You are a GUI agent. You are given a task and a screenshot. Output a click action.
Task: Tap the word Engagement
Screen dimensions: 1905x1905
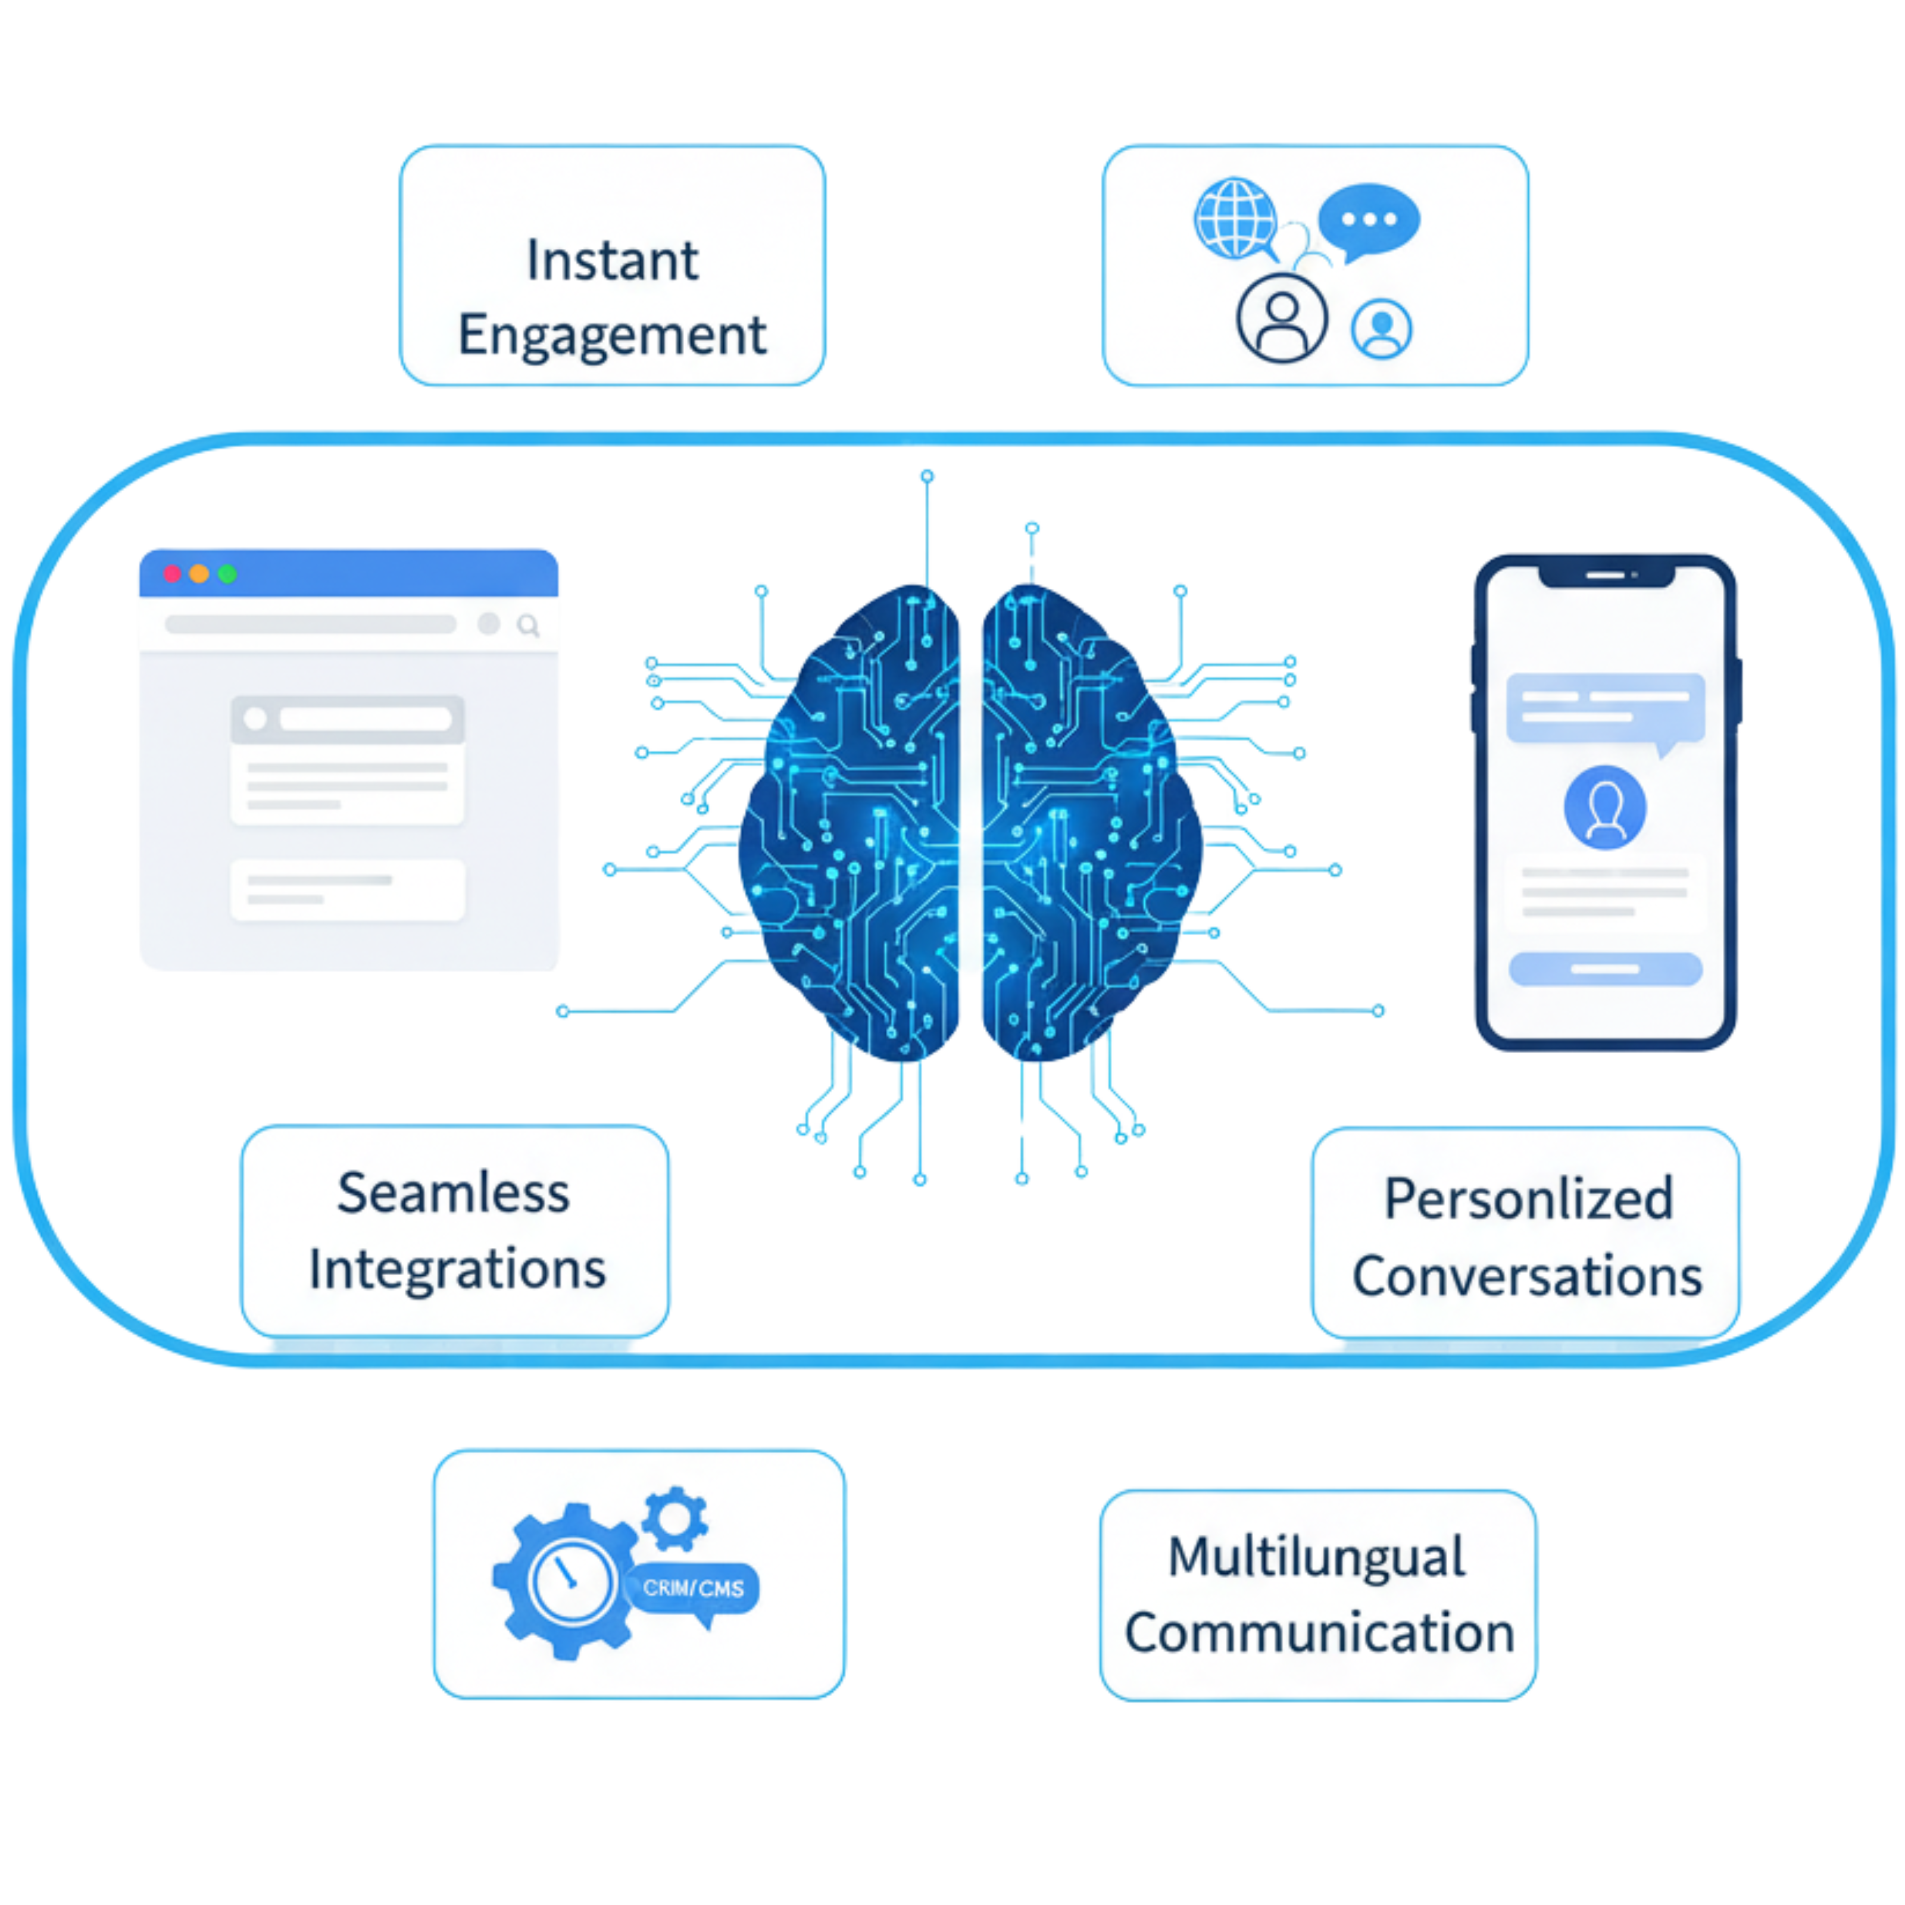[x=613, y=335]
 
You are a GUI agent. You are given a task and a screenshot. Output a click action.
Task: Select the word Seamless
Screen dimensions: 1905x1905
[x=454, y=1193]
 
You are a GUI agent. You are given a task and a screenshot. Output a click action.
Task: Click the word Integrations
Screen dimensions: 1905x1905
[x=457, y=1269]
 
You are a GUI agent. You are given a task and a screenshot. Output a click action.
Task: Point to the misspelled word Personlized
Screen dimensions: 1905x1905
[x=1528, y=1199]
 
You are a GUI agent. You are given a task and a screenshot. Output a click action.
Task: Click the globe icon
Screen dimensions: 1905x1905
[x=1235, y=217]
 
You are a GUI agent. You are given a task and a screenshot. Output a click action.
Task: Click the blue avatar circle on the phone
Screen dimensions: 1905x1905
[x=1604, y=807]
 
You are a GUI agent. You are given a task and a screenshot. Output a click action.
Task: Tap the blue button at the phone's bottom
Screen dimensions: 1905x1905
[x=1605, y=969]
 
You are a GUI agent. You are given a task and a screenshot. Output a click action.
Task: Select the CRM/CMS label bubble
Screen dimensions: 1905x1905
[x=693, y=1588]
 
